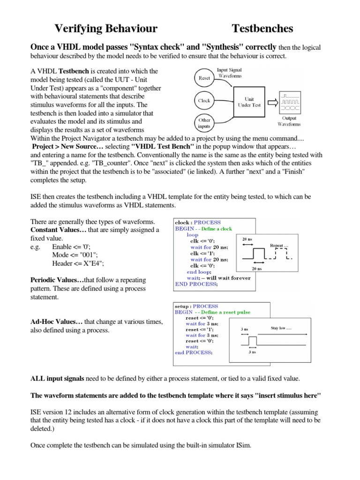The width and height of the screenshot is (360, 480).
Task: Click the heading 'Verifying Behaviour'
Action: click(106, 29)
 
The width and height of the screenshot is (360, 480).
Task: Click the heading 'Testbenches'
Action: click(262, 29)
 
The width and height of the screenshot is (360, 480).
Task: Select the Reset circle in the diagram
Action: click(204, 78)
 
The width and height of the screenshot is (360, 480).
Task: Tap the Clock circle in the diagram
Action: click(204, 100)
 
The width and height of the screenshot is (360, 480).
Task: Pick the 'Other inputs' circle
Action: click(204, 123)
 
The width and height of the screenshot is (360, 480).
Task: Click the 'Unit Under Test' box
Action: click(250, 102)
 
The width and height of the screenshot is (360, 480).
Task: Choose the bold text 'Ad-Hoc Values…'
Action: click(56, 322)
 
